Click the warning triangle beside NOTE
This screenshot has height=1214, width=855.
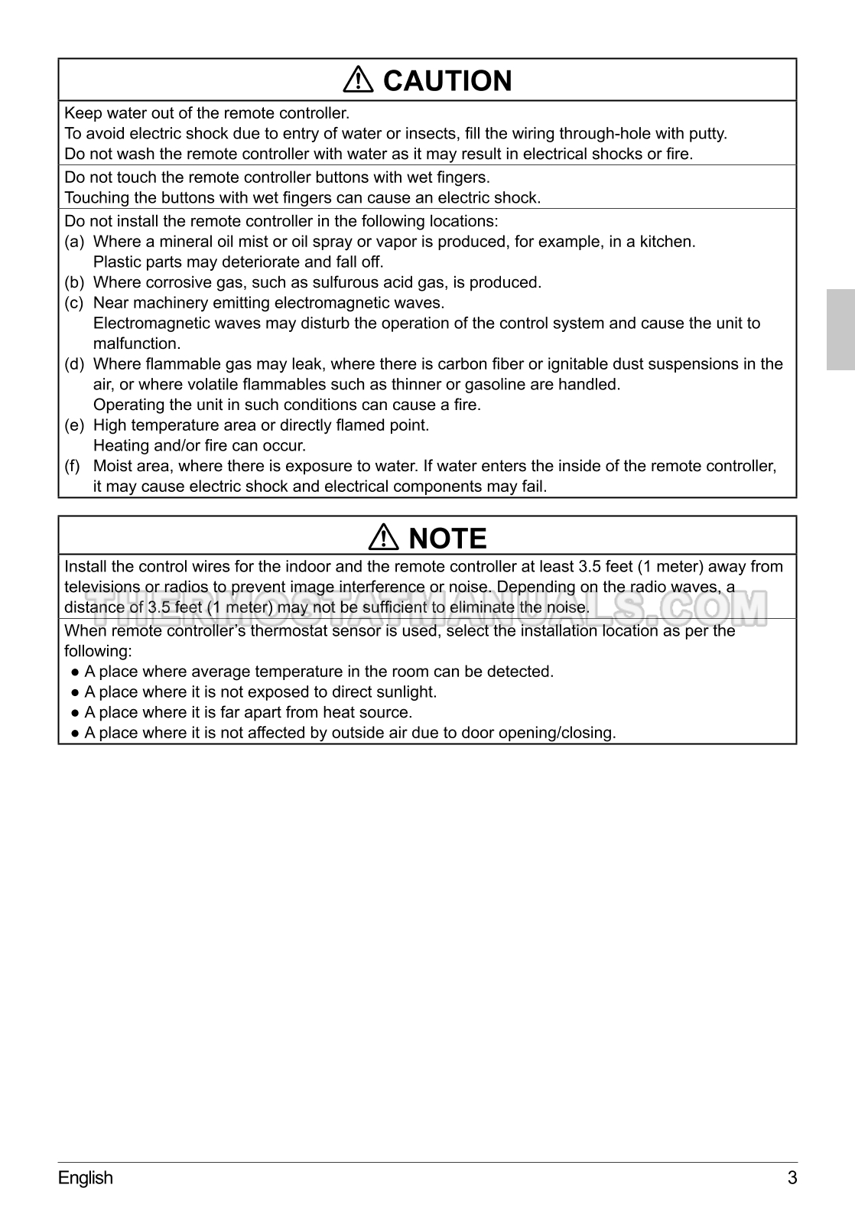383,539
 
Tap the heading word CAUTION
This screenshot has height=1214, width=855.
447,80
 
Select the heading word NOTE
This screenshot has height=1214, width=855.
448,539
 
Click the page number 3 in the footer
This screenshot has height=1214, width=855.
792,1177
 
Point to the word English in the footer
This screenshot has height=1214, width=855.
85,1177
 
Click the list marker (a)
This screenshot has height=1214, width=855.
74,242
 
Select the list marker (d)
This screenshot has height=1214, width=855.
74,364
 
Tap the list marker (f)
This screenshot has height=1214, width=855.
73,466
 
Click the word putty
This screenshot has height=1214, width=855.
707,134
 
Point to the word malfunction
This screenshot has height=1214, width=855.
136,343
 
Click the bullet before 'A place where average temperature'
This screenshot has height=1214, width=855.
75,672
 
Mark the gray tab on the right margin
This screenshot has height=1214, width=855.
840,330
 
